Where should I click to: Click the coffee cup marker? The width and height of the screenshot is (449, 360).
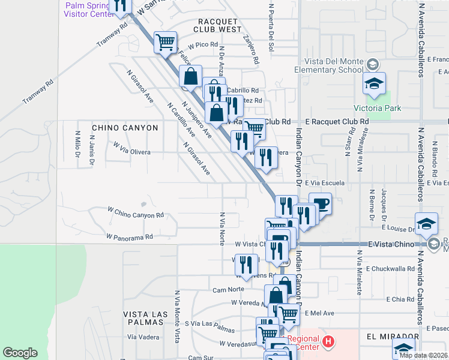[320, 203]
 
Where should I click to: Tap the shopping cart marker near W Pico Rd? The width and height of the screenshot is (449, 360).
[165, 42]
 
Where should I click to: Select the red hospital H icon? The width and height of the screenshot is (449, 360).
[328, 343]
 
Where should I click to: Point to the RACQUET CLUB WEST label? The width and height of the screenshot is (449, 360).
[217, 25]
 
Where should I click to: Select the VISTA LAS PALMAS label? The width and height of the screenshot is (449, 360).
[143, 319]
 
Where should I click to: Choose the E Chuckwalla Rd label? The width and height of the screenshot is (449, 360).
[390, 269]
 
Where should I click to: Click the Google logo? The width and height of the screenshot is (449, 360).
[20, 353]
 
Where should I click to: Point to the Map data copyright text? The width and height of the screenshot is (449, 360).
[423, 355]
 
